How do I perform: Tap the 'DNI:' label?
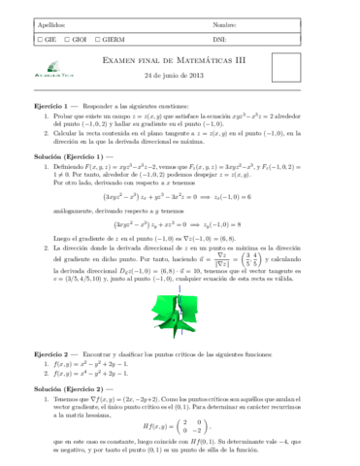218,40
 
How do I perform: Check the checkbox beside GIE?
37,40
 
